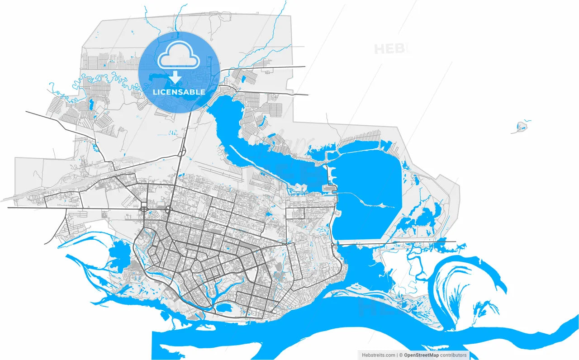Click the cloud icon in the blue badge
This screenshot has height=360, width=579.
pos(179,55)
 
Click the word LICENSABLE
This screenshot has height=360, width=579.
pos(179,92)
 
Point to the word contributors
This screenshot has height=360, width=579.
pos(453,355)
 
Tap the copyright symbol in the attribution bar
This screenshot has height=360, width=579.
pos(400,355)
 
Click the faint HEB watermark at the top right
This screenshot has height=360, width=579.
pos(392,48)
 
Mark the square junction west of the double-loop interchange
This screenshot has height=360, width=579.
pos(144,209)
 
